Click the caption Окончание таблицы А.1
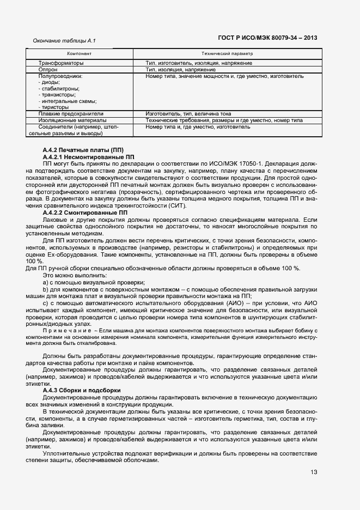(x=64, y=41)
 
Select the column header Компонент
(x=79, y=54)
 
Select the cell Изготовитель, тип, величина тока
(x=188, y=114)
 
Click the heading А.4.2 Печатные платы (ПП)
(x=83, y=149)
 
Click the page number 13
(x=314, y=472)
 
